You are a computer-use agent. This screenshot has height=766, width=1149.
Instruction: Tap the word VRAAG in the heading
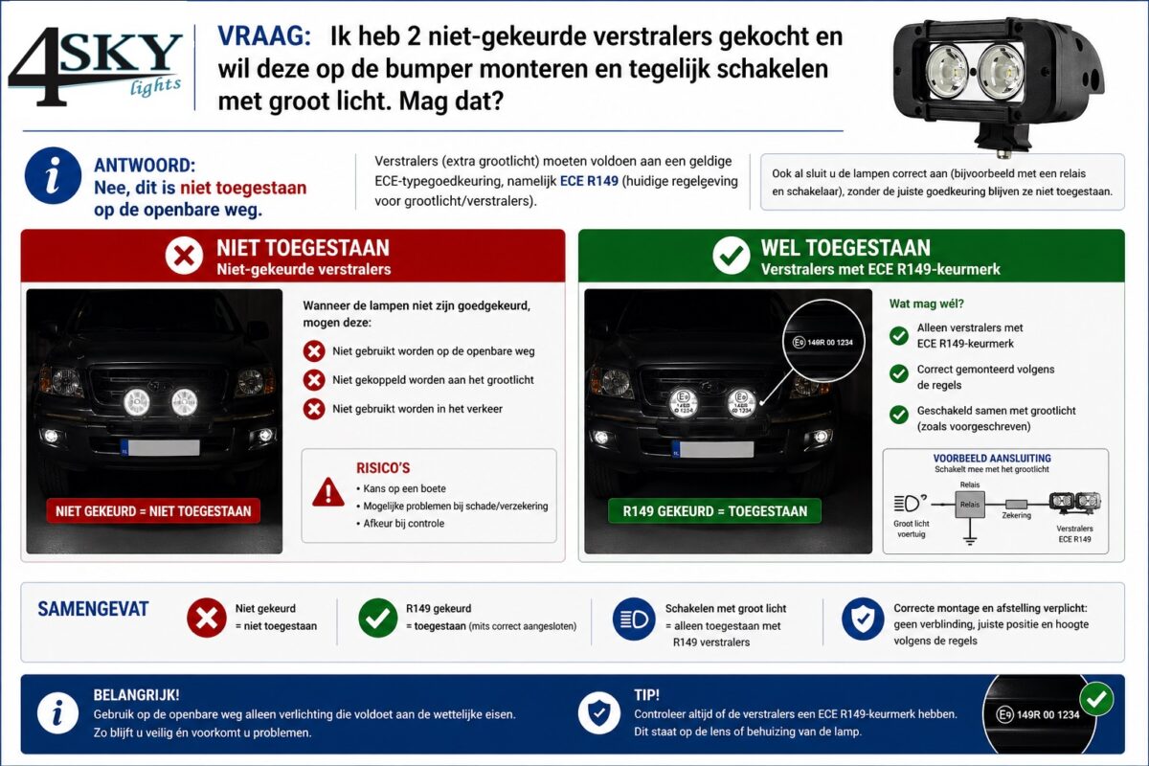coord(264,37)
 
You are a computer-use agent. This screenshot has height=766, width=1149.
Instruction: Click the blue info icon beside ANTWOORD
coord(53,175)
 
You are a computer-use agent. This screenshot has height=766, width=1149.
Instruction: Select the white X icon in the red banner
coord(183,256)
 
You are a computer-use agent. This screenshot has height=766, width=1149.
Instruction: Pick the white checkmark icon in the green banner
coord(732,256)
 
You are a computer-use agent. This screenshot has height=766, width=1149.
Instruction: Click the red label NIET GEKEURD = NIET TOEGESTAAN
coord(153,510)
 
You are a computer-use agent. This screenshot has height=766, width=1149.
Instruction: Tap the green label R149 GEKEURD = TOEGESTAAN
coord(714,510)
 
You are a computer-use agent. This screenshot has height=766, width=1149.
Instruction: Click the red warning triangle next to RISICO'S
coord(327,492)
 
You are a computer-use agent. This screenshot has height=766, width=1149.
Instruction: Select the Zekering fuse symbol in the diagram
coord(1016,504)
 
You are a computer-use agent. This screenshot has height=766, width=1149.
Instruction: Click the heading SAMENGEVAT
coord(93,609)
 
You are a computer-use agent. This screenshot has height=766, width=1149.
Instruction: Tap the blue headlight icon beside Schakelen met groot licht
coord(634,620)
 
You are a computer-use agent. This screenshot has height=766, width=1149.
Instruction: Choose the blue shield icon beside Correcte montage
coord(862,620)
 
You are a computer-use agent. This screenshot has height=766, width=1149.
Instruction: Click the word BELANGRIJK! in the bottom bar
coord(136,695)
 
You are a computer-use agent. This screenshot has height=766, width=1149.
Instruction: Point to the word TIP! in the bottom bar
coord(646,695)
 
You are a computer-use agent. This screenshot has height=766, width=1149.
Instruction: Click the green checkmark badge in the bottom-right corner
coord(1096,699)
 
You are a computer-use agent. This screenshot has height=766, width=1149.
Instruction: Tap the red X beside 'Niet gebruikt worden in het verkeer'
coord(313,409)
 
